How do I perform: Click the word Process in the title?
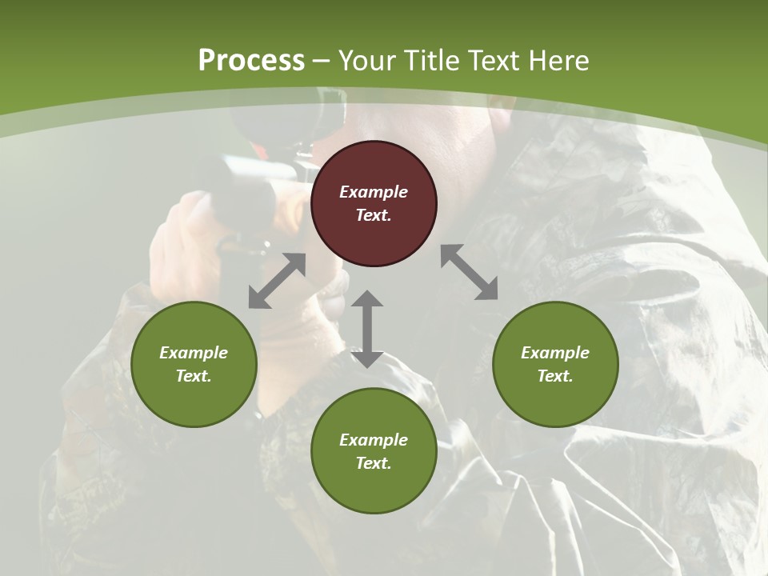251,61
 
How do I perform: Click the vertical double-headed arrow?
367,329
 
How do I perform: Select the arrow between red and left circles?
277,281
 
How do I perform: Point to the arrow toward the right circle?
470,273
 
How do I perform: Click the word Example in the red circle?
374,192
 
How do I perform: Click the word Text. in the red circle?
374,215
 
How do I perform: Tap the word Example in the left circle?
194,353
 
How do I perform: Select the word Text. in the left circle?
194,376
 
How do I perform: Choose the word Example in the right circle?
555,353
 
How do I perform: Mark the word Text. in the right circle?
555,376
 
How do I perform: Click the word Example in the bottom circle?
374,440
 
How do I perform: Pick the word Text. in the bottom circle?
374,463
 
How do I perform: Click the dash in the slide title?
322,62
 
